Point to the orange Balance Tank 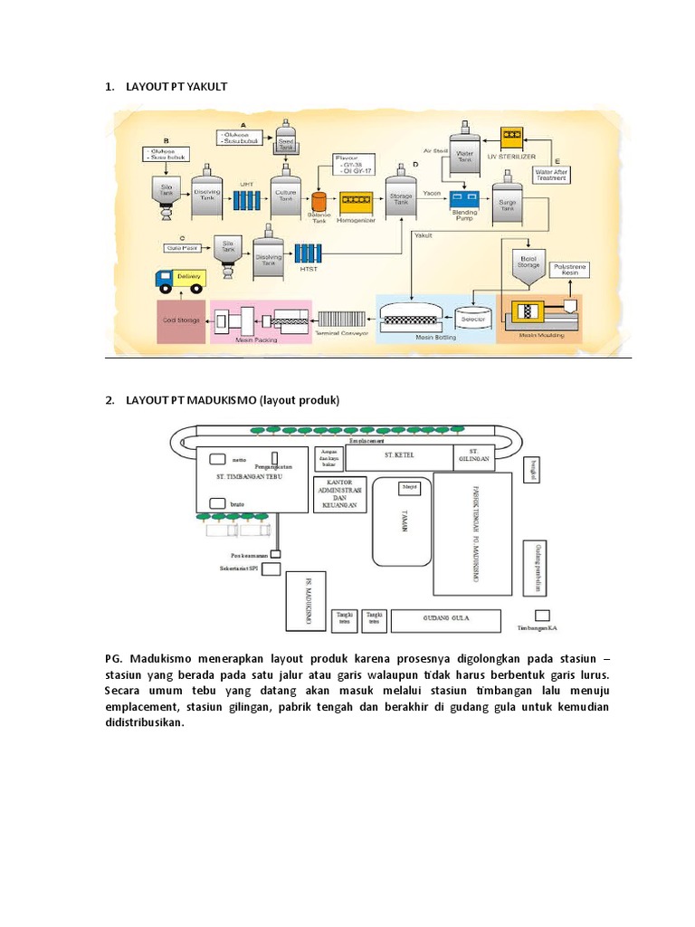point(319,202)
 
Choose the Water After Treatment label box point(551,174)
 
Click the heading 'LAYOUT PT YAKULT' point(176,87)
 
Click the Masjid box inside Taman point(410,489)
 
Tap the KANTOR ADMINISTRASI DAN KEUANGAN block point(338,494)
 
